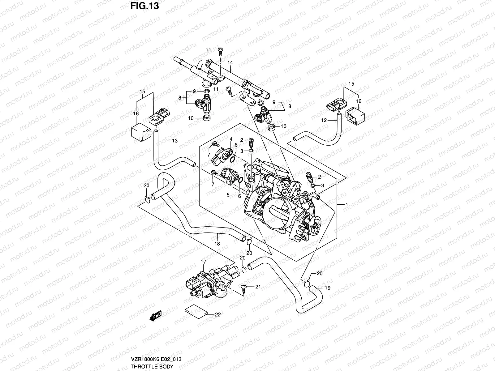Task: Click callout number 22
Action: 218,315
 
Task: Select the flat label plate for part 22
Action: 196,310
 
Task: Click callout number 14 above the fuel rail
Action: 230,63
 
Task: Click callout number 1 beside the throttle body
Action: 347,205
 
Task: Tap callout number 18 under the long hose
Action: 217,244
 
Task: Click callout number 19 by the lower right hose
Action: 328,288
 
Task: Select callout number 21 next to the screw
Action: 258,287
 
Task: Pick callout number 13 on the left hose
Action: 175,141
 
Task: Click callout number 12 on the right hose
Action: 324,121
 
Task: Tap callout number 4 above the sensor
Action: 230,140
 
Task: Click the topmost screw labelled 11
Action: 221,50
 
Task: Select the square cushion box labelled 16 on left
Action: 141,132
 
